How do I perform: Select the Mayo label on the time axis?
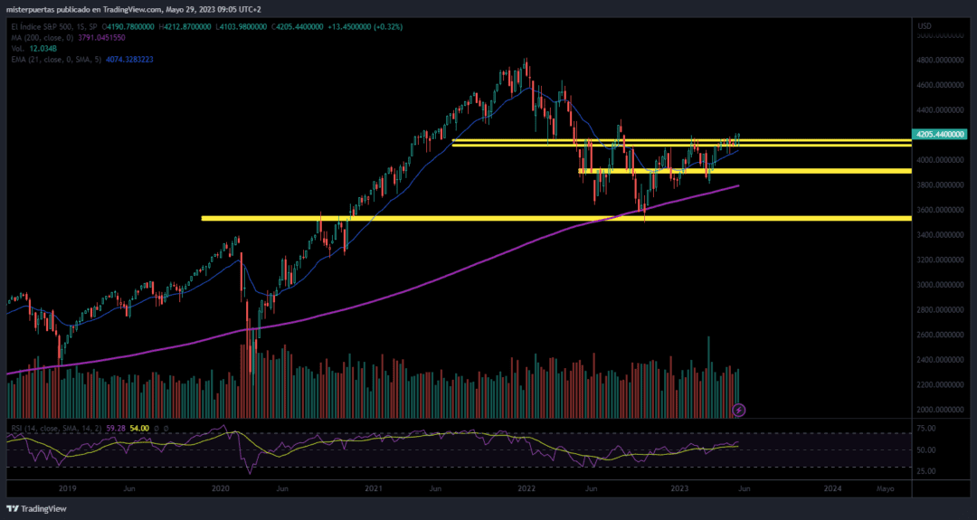(x=885, y=488)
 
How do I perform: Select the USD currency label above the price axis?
(x=925, y=25)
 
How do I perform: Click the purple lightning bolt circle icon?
(x=739, y=410)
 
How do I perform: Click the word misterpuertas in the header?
(x=30, y=11)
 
